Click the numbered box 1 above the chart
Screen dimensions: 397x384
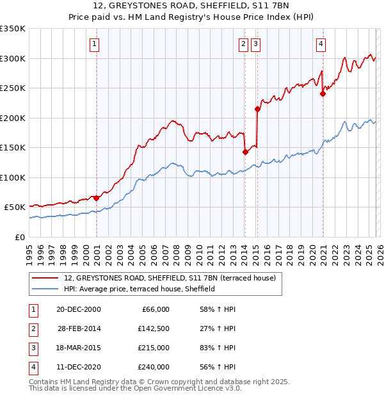tap(94, 44)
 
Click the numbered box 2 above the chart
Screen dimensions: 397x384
tap(244, 44)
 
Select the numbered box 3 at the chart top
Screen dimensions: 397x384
tap(255, 44)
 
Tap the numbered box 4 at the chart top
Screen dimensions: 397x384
tap(321, 44)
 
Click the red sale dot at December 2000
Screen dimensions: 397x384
tap(96, 198)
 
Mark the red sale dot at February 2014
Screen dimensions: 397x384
tap(245, 152)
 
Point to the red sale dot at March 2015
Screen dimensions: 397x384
tap(257, 109)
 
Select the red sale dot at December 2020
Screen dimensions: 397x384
tap(323, 94)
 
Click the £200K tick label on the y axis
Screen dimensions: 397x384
tap(13, 118)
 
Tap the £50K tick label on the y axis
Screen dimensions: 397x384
tap(15, 207)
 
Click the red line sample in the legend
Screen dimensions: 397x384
tap(46, 279)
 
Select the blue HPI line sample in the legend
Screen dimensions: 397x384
tap(46, 289)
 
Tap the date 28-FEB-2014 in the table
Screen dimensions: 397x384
tap(79, 328)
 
